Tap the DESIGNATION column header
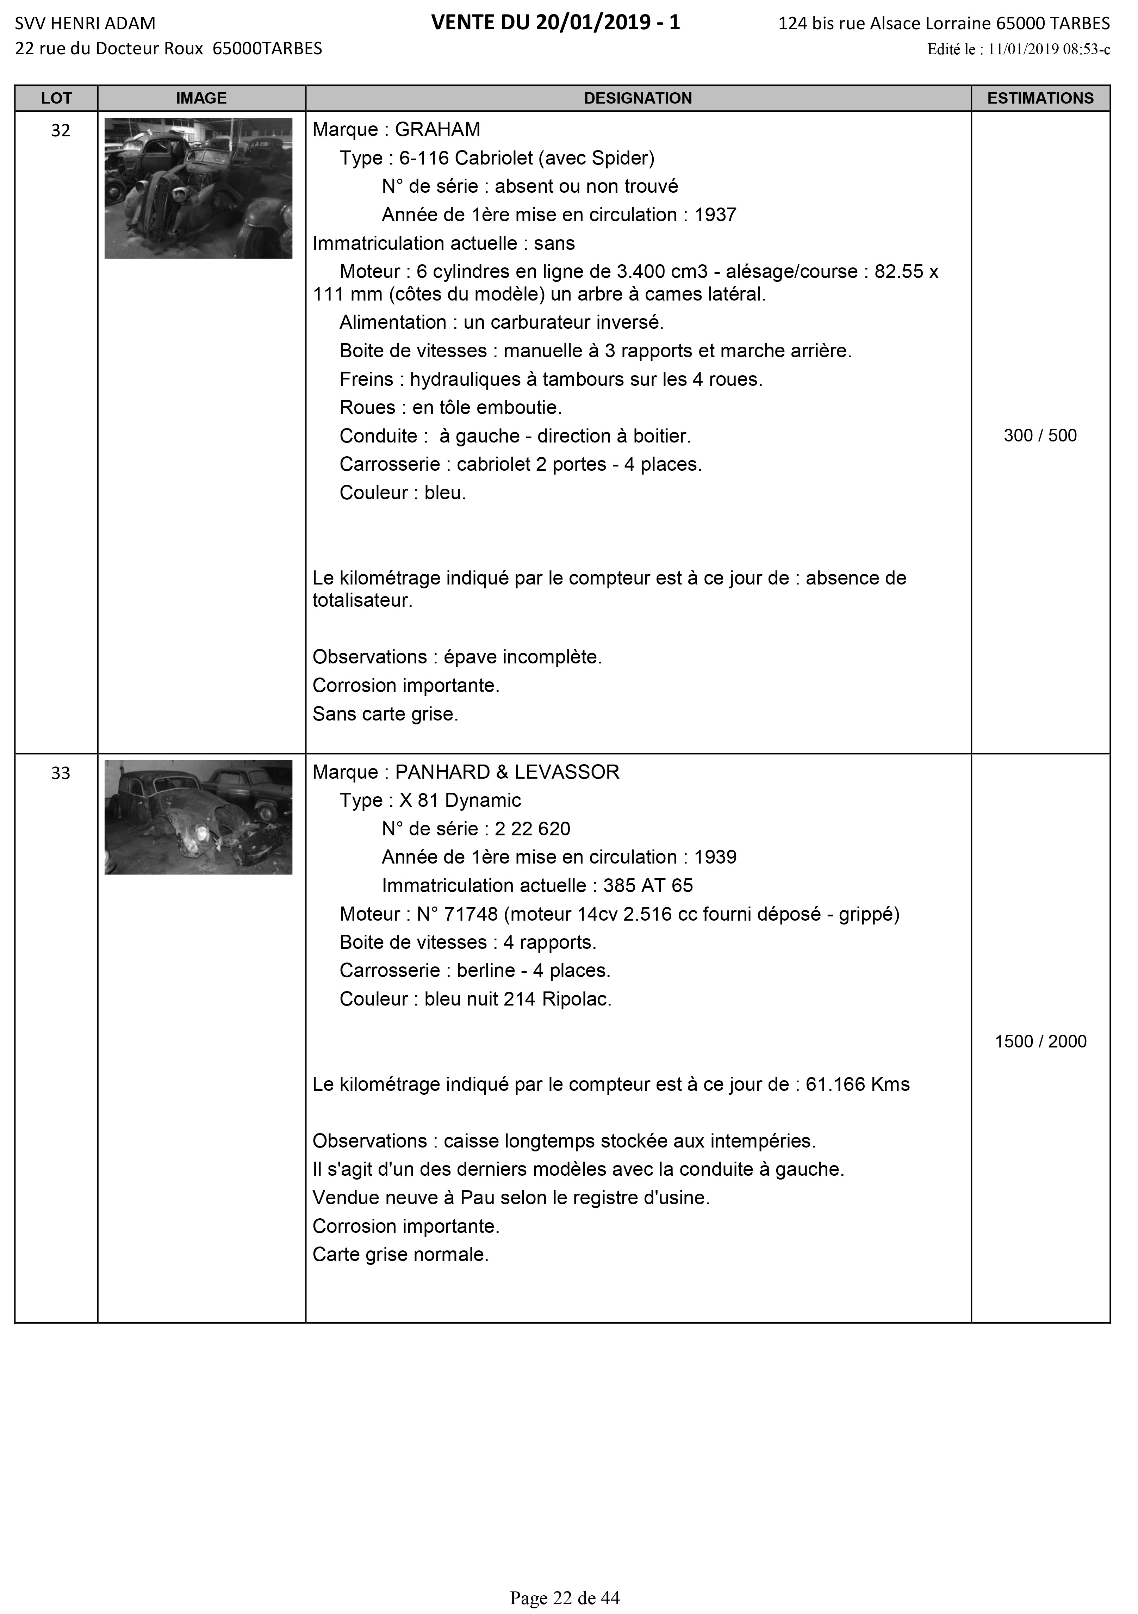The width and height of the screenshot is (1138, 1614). pos(638,98)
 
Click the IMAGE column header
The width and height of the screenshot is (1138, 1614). pos(201,98)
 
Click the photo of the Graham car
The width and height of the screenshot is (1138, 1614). pos(198,188)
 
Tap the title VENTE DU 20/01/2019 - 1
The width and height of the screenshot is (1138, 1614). pos(555,23)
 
